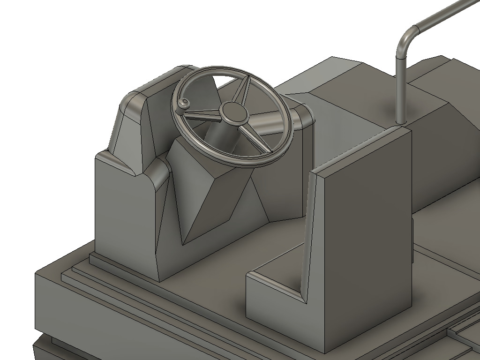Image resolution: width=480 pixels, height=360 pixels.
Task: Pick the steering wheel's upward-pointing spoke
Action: (x=243, y=89)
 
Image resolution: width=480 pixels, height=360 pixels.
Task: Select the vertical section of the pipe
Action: (x=401, y=89)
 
